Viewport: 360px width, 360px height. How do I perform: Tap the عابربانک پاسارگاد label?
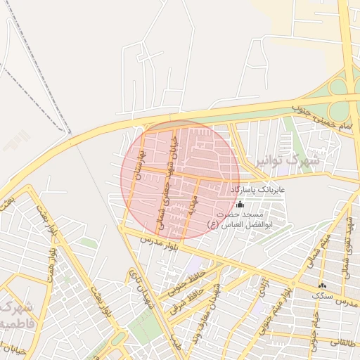pyautogui.click(x=257, y=190)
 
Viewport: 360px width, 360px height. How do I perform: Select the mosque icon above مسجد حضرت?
pyautogui.click(x=240, y=205)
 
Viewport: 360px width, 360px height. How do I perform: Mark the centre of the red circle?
pyautogui.click(x=181, y=179)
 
